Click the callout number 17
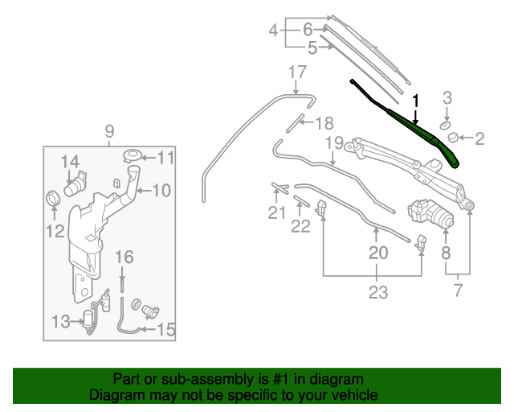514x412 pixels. [297, 72]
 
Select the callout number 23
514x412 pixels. [378, 293]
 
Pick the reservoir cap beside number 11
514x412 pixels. [133, 154]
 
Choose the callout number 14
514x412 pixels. [70, 161]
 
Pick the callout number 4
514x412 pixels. [273, 32]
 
